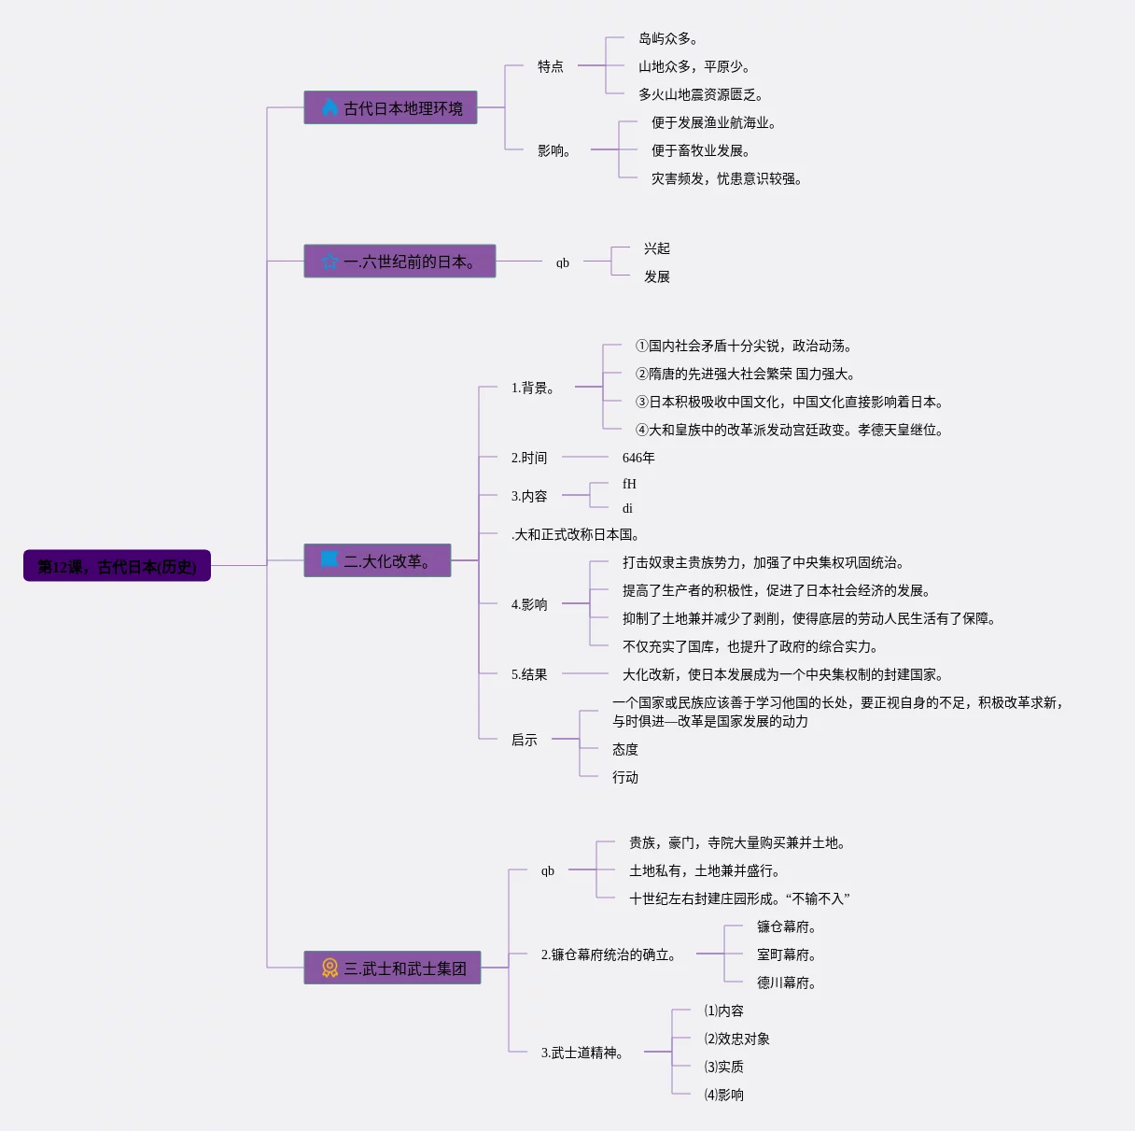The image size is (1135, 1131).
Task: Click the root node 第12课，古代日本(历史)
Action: [x=117, y=566]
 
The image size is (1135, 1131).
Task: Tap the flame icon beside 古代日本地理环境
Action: [x=329, y=107]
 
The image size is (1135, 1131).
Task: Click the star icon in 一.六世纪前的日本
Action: [x=329, y=262]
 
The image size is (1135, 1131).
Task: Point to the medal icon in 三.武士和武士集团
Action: [x=329, y=968]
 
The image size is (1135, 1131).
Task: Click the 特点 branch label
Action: [x=551, y=66]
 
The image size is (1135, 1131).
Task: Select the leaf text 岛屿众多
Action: [x=667, y=38]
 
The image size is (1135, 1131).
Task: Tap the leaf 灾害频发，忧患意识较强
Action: [x=726, y=178]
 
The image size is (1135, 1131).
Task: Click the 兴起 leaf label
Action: [x=657, y=248]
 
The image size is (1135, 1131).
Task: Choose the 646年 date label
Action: [x=638, y=458]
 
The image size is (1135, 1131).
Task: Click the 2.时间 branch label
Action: [x=529, y=458]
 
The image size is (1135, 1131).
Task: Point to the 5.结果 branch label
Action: [x=529, y=674]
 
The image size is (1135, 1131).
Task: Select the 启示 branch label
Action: [x=525, y=740]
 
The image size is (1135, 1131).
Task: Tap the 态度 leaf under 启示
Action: [x=625, y=749]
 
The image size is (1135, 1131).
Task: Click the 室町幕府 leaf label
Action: [x=786, y=954]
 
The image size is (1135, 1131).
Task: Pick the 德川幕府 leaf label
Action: [x=786, y=983]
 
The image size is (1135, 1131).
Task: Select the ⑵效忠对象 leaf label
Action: [x=736, y=1039]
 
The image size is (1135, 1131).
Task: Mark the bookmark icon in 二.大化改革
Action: [x=329, y=559]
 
